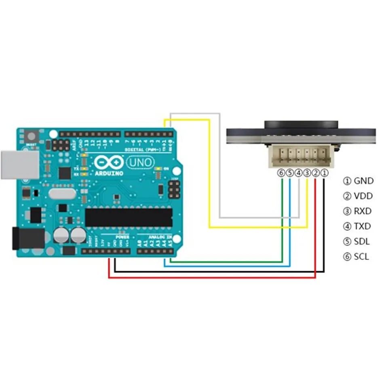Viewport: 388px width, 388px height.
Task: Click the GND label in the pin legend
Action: [363, 181]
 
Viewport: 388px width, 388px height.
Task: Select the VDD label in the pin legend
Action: [363, 196]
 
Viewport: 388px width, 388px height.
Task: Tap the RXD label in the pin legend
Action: [363, 211]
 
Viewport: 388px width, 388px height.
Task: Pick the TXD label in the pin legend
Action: [362, 226]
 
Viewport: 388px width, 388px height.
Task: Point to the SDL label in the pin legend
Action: [362, 242]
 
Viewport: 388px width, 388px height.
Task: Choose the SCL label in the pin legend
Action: [361, 257]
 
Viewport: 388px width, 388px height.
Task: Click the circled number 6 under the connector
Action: [281, 173]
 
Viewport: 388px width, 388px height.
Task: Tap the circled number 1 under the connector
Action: [324, 173]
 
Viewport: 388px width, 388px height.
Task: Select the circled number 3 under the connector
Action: [307, 173]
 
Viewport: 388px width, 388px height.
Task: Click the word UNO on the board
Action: [140, 162]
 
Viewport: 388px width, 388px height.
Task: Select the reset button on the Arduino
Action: [32, 137]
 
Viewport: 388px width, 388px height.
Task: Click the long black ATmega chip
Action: [129, 217]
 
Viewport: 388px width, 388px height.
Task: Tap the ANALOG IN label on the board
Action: [160, 236]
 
